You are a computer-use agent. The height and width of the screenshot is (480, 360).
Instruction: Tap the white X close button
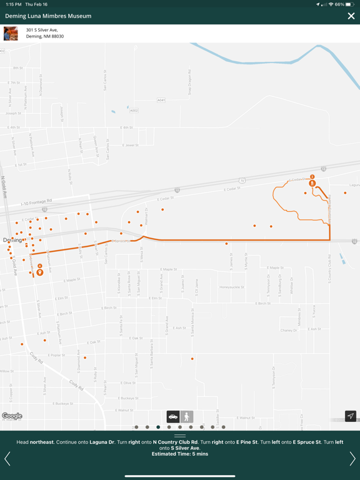(x=351, y=16)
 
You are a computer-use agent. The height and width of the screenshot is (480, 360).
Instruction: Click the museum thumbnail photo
(x=11, y=33)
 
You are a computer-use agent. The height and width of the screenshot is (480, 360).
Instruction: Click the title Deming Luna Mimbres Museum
(x=48, y=16)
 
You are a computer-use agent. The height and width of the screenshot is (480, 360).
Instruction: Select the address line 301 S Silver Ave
(x=42, y=29)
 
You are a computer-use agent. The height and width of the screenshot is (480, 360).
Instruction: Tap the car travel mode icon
(x=173, y=417)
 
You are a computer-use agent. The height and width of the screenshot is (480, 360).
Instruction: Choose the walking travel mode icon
(x=187, y=417)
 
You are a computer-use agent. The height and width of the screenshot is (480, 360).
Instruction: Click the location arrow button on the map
(x=351, y=416)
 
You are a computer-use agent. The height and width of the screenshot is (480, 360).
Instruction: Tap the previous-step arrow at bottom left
(x=7, y=459)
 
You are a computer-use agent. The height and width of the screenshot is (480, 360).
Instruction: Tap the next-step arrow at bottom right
(x=352, y=459)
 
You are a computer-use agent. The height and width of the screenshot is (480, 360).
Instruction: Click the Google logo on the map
(x=12, y=416)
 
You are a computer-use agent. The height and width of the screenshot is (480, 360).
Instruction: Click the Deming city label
(x=12, y=240)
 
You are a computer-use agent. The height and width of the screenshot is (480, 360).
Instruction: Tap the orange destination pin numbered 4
(x=40, y=271)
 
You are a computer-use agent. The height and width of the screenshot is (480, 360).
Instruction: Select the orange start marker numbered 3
(x=312, y=182)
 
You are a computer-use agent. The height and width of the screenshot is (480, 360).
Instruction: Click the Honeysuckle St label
(x=233, y=287)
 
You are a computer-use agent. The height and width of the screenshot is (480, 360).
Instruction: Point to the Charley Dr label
(x=289, y=330)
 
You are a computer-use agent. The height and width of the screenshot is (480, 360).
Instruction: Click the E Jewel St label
(x=130, y=145)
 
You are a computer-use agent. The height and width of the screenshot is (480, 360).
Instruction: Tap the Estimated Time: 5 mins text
(x=180, y=454)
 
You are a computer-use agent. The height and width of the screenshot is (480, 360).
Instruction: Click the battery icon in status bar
(x=349, y=4)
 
